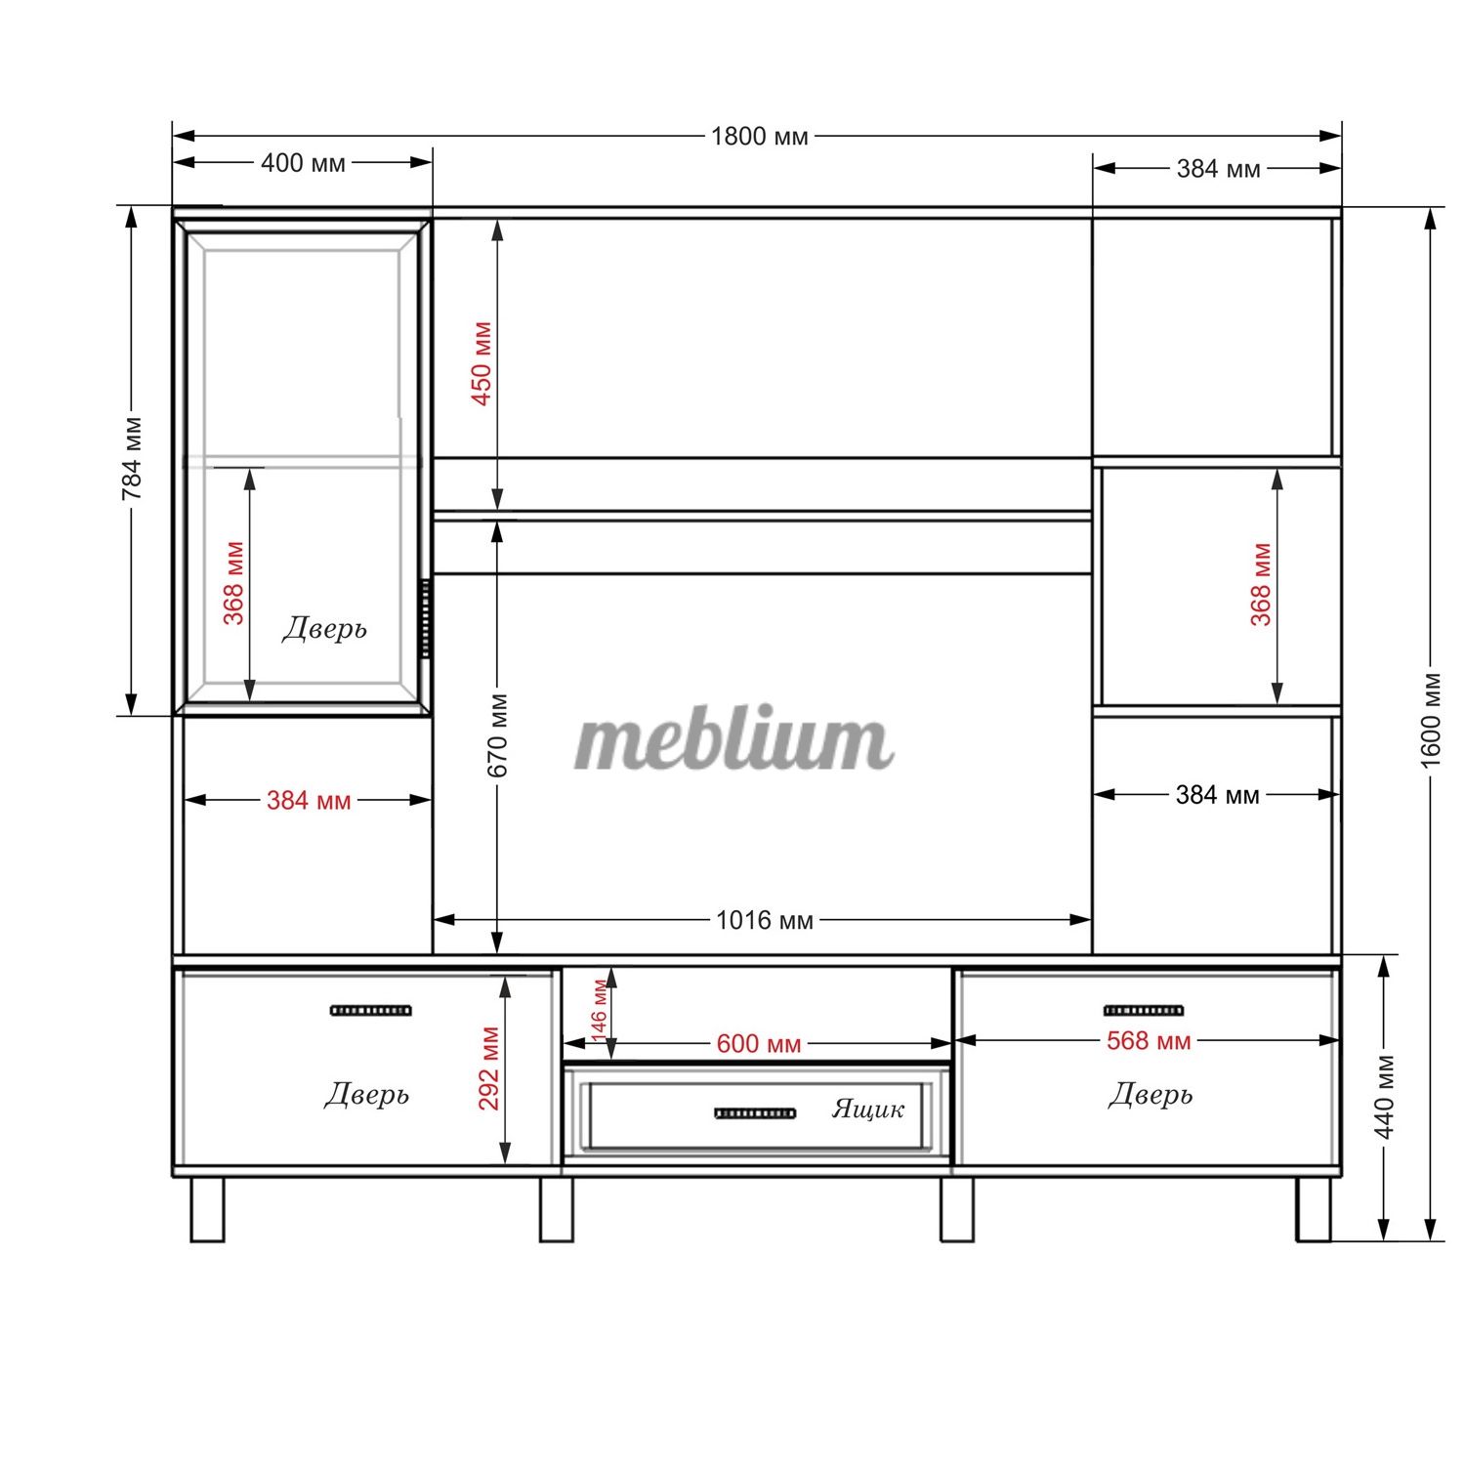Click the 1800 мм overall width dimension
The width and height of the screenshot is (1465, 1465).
(760, 136)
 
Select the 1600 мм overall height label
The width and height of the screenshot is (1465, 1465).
(1431, 720)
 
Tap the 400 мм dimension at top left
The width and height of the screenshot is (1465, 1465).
(303, 162)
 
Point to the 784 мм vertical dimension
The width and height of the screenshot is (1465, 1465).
(132, 459)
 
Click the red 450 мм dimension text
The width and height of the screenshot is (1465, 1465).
(482, 363)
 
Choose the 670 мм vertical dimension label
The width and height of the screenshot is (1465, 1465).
(497, 735)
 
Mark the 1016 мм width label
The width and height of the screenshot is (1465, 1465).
(765, 920)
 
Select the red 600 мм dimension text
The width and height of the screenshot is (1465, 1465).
(759, 1043)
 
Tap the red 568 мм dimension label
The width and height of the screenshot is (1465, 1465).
(1149, 1041)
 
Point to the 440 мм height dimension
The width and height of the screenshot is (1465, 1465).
(1384, 1097)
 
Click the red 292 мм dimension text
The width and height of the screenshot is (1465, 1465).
(489, 1068)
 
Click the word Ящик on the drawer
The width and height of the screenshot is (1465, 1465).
(868, 1109)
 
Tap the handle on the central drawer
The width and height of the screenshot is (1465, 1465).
(755, 1113)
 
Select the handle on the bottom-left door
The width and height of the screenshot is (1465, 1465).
(371, 1010)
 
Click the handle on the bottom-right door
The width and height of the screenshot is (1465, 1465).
(1144, 1010)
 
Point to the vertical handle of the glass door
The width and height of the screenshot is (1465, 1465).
(426, 617)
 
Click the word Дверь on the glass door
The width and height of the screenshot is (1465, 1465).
(325, 628)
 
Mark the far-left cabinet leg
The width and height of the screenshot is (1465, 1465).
(207, 1209)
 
